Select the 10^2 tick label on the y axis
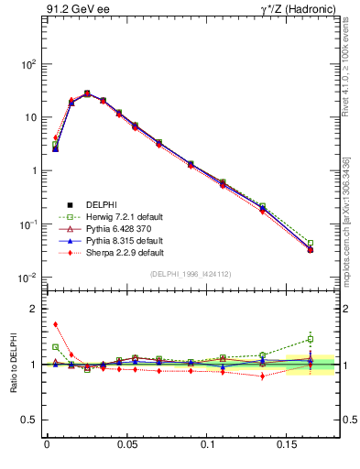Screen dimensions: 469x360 pos(27,65)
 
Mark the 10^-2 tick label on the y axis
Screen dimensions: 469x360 pos(27,278)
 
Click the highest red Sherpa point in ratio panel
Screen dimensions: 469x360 pos(55,323)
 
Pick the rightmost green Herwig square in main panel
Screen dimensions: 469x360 pos(311,244)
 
